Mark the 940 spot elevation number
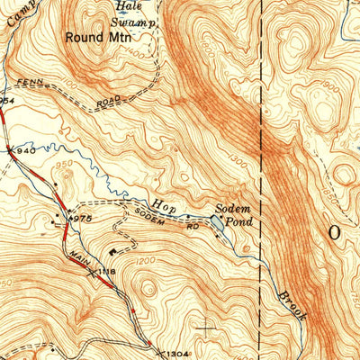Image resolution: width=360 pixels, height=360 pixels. coord(26,151)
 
